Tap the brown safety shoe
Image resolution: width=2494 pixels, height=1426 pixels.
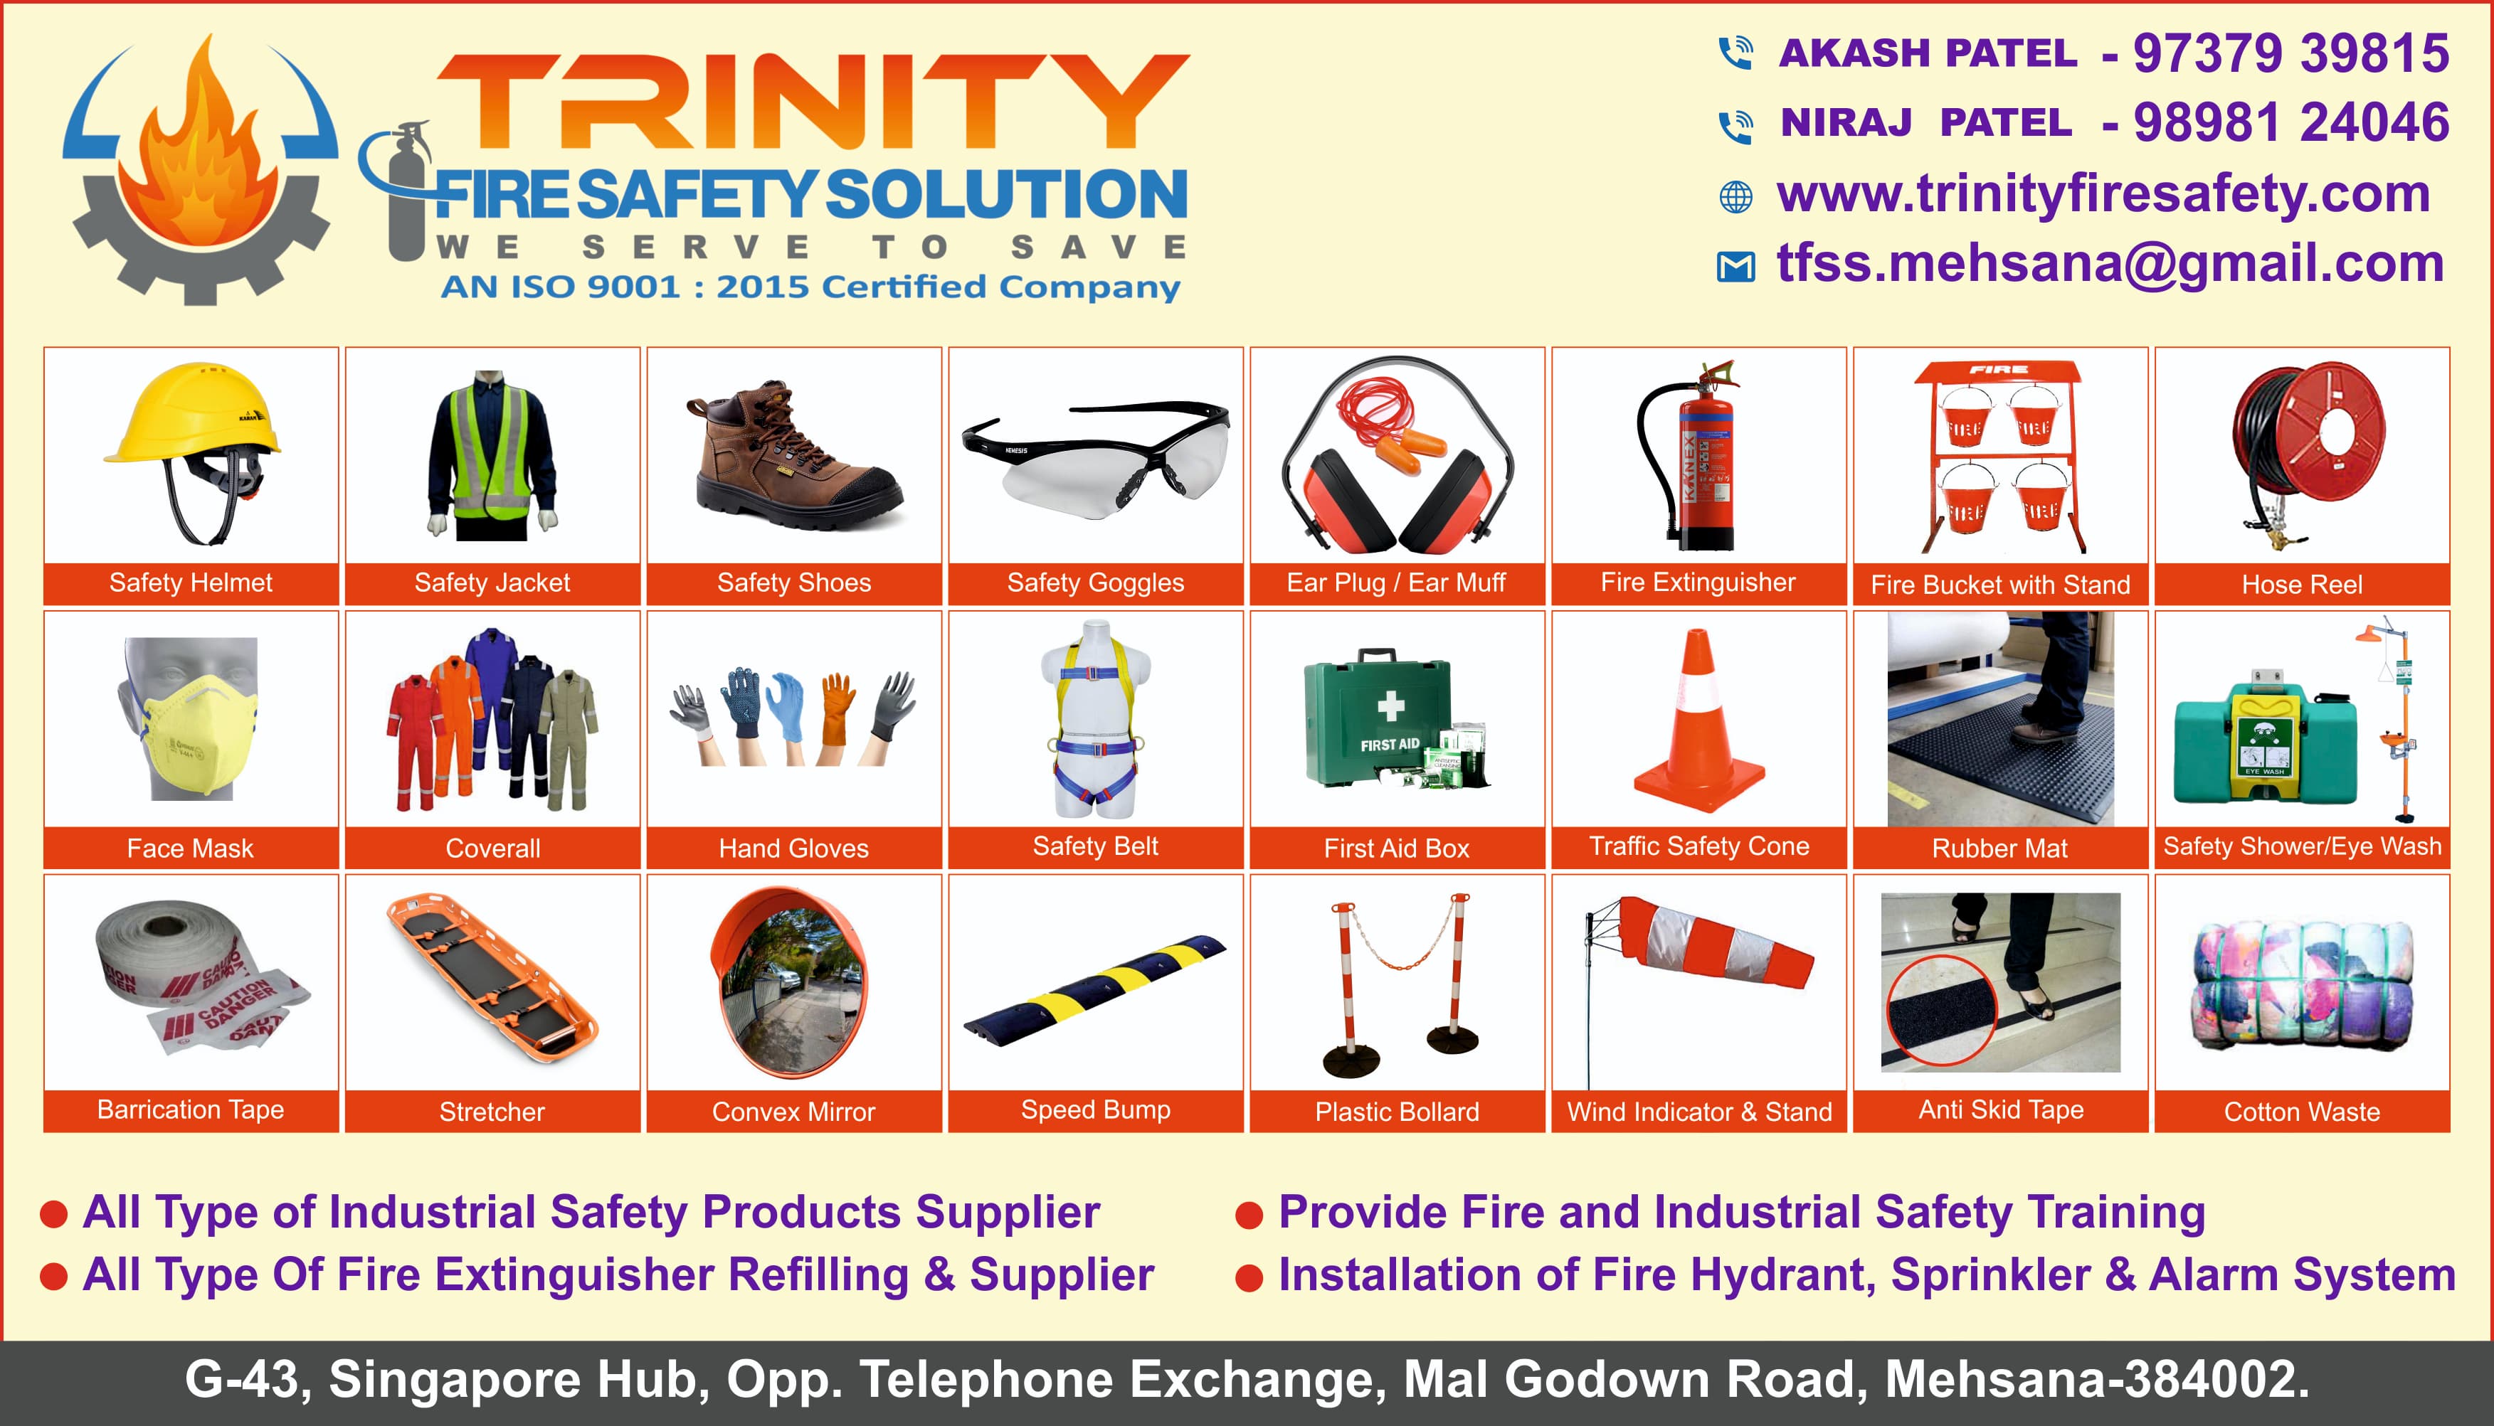793,455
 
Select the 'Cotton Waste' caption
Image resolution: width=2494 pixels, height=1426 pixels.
2301,1112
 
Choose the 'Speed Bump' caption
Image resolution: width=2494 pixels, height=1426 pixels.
1095,1110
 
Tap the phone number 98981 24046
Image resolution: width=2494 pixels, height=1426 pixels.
2290,122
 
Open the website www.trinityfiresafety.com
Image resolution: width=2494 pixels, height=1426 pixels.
2103,195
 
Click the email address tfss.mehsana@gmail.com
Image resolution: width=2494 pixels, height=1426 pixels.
2110,265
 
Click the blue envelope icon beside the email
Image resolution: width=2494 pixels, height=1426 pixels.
1735,267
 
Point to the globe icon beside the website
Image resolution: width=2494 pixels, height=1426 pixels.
1735,197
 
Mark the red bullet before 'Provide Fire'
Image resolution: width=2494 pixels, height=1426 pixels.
1249,1215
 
